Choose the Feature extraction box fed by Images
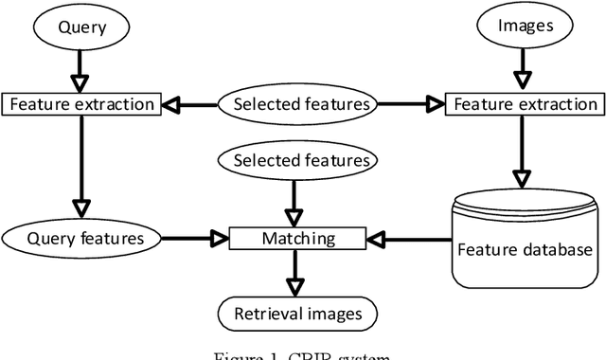pos(522,104)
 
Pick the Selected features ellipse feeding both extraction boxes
pos(296,103)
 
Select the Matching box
pos(296,238)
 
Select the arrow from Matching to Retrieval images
pos(296,275)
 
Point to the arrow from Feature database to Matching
pos(407,238)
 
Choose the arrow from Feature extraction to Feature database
pos(520,152)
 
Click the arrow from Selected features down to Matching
pos(296,202)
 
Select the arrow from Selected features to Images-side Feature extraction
pos(408,104)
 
